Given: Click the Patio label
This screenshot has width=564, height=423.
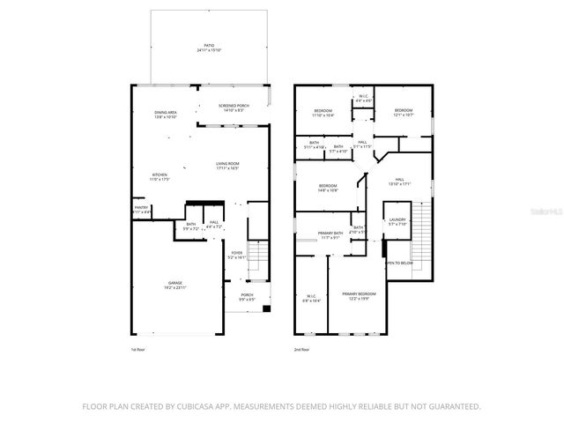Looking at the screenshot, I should [x=208, y=44].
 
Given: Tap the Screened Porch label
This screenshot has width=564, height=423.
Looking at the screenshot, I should [x=234, y=108].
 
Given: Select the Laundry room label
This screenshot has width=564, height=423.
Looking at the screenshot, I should [x=397, y=221].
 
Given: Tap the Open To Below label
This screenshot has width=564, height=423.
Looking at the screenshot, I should [x=399, y=263].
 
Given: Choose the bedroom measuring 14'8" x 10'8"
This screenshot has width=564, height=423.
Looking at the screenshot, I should [x=327, y=188].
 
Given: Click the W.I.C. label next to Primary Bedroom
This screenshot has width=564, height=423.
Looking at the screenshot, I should [x=312, y=298].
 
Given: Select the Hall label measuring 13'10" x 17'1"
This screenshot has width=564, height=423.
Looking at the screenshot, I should [x=399, y=182].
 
